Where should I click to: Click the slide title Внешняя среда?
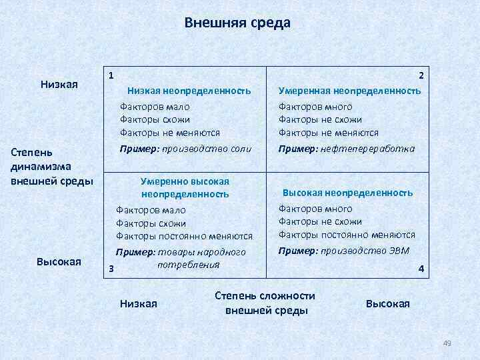pos(237,23)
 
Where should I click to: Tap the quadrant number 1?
pos(111,75)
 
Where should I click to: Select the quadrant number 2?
pos(421,76)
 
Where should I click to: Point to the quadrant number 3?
pos(111,269)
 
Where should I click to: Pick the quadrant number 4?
pos(420,268)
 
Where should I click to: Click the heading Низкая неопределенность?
pos(189,90)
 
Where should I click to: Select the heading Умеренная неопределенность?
pos(349,90)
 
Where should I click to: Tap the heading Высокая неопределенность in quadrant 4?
pos(347,193)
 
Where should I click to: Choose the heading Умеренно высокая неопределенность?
pos(185,187)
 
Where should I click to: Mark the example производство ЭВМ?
pos(365,251)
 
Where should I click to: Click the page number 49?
pos(447,343)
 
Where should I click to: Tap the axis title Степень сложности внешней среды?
pos(265,303)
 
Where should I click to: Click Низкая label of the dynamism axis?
pos(59,85)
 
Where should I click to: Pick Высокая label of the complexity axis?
pos(388,303)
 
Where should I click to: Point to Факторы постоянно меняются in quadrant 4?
pos(347,235)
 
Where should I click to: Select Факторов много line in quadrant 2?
pos(315,107)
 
